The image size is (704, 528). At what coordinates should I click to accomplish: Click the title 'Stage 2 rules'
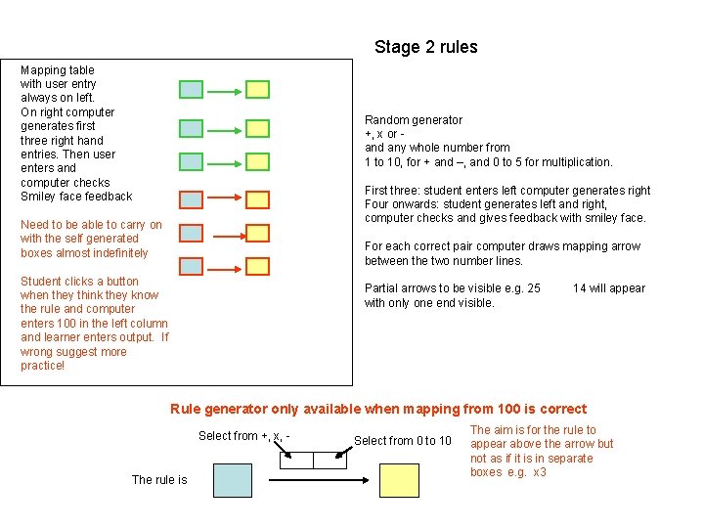(x=425, y=47)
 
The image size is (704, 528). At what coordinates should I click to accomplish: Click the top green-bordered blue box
(x=192, y=90)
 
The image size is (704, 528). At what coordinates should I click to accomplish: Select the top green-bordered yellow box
(x=257, y=90)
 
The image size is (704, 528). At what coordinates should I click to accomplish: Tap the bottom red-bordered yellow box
(x=257, y=266)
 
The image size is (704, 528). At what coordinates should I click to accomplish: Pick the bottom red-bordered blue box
(x=192, y=266)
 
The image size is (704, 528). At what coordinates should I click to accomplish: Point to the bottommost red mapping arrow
(x=224, y=266)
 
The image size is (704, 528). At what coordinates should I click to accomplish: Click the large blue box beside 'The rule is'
(x=233, y=480)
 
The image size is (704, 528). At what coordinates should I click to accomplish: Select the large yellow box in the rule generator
(x=398, y=480)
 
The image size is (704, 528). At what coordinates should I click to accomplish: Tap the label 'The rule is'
(x=159, y=480)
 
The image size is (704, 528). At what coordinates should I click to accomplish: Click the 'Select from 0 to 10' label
(x=403, y=441)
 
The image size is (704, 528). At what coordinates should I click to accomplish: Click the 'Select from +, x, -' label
(x=243, y=436)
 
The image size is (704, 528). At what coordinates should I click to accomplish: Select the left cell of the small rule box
(x=296, y=460)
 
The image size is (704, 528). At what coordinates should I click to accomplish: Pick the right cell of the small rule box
(x=329, y=460)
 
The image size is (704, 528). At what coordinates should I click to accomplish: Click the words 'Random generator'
(x=414, y=120)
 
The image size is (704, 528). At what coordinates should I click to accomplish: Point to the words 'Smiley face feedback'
(x=76, y=197)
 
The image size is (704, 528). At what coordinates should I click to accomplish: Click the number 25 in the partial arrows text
(x=533, y=288)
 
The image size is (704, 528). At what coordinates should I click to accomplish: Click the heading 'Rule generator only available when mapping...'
(x=378, y=410)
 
